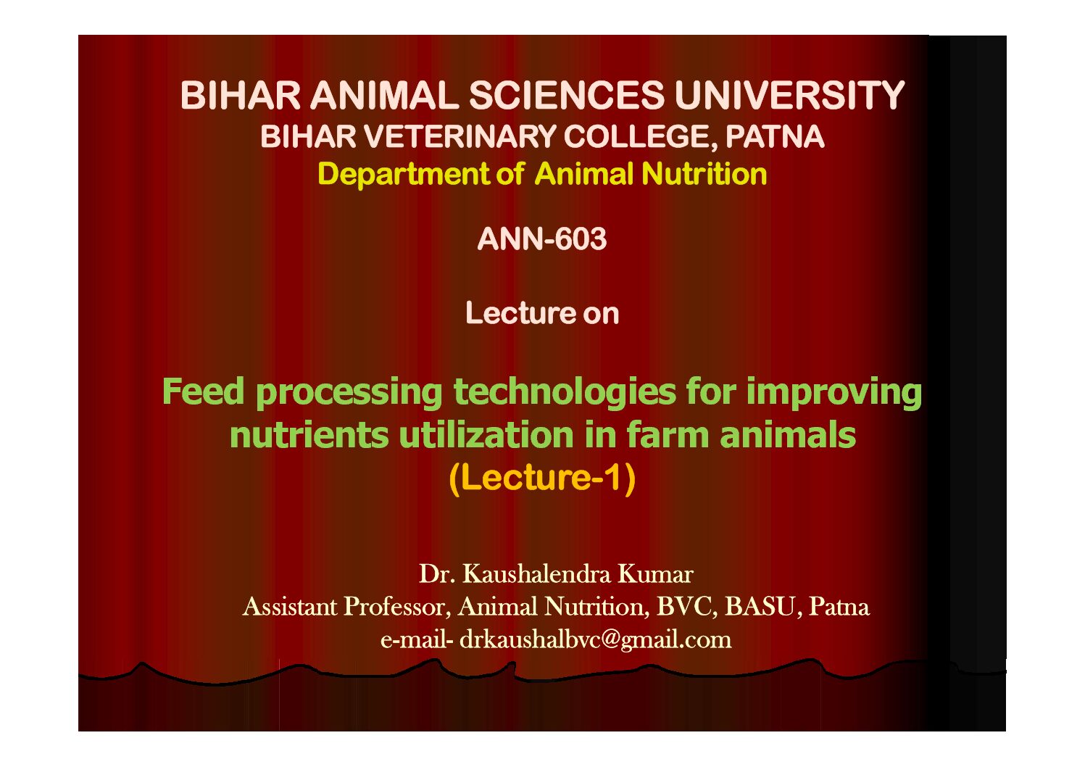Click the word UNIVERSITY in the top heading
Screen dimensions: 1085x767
789,96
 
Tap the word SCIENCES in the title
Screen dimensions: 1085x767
567,96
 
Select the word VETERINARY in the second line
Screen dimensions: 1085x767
460,136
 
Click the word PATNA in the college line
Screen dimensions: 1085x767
775,136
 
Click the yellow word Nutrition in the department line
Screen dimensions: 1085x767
704,174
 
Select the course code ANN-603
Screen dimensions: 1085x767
542,239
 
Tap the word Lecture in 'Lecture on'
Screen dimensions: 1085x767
519,313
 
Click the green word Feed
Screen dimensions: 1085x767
204,391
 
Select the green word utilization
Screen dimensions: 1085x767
486,435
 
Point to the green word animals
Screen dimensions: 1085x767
788,435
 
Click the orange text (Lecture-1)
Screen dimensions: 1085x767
542,478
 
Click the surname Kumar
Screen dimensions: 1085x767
655,573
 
